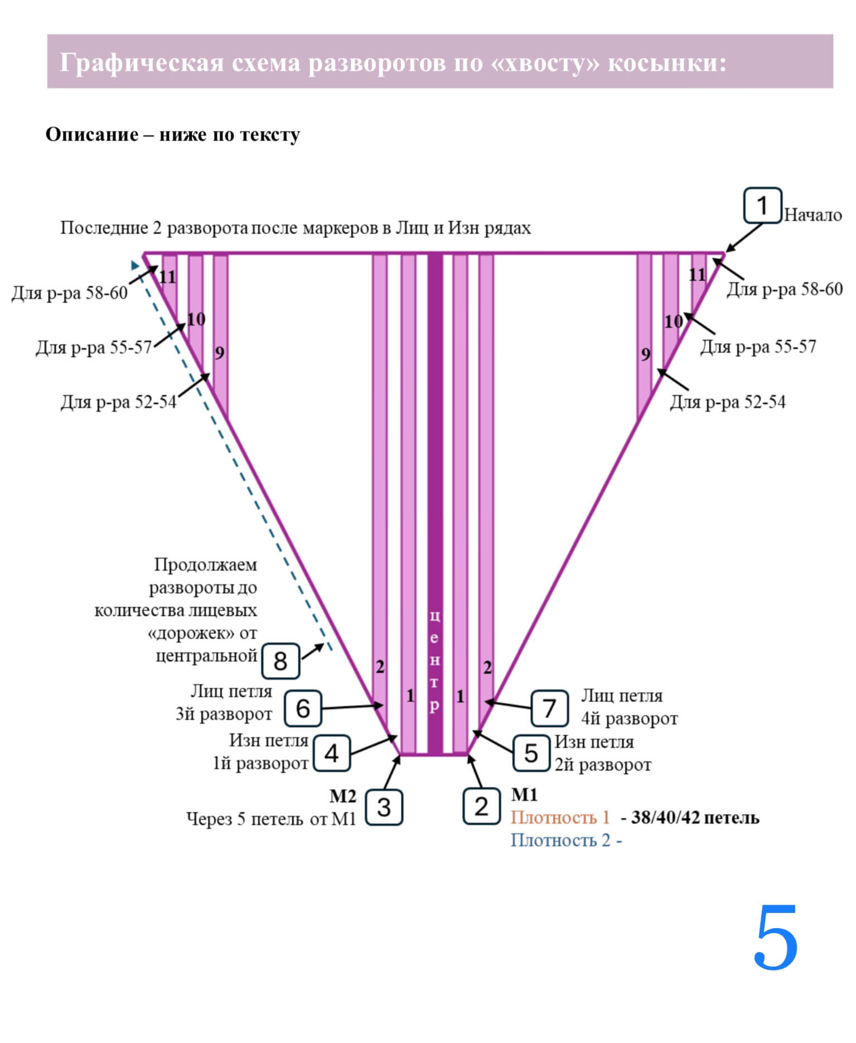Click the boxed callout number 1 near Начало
click(x=762, y=206)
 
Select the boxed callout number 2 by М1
click(x=481, y=806)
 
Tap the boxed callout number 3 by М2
click(x=384, y=807)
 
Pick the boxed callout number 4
click(x=332, y=754)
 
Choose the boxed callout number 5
click(x=531, y=754)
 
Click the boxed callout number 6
click(x=303, y=708)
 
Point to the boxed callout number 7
click(x=549, y=708)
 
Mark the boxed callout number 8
click(x=281, y=661)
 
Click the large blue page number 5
click(x=776, y=938)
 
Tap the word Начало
click(x=813, y=215)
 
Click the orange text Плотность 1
click(x=560, y=818)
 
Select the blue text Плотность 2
click(x=560, y=840)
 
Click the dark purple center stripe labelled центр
click(x=435, y=502)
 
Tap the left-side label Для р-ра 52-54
click(x=118, y=402)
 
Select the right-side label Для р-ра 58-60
click(x=784, y=289)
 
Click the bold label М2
click(x=342, y=796)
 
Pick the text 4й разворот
click(x=629, y=719)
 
